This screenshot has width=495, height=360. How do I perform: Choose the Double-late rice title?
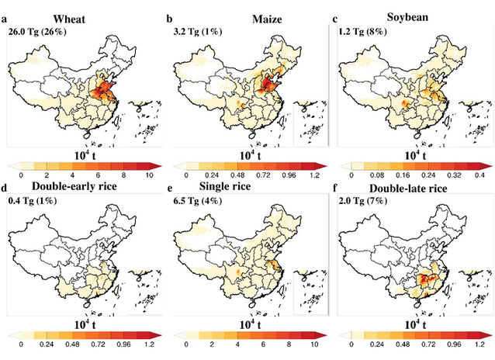click(405, 192)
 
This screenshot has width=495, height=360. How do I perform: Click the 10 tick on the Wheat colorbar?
click(149, 176)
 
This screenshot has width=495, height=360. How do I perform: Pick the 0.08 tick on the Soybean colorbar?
click(376, 176)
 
